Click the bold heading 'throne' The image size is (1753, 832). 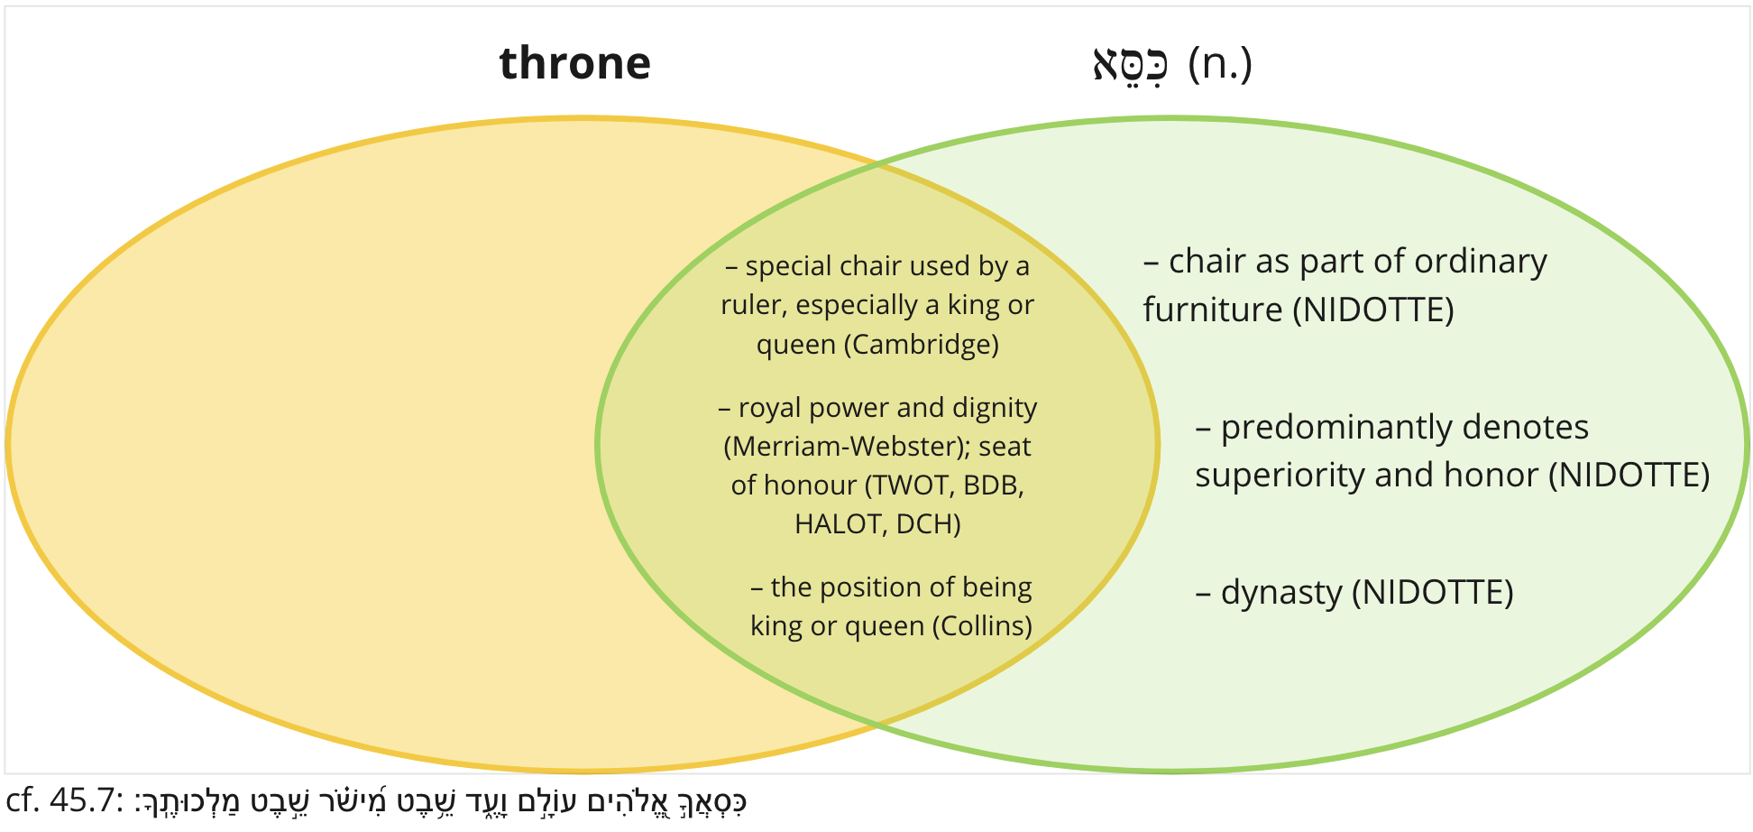(x=574, y=63)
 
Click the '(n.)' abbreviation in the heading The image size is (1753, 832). (x=1220, y=63)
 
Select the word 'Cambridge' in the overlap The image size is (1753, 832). (x=921, y=345)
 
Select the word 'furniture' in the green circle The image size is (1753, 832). (x=1213, y=310)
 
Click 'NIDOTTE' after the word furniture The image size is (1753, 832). (x=1372, y=310)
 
